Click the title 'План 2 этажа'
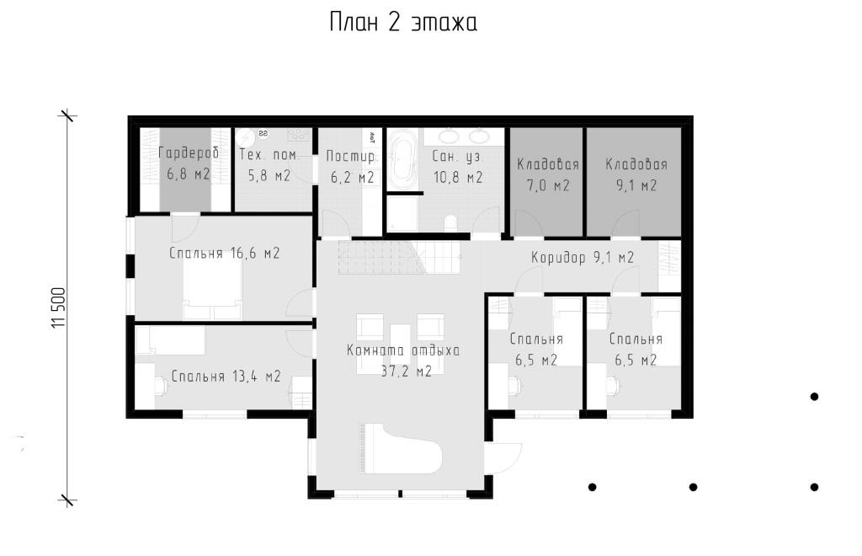(x=403, y=23)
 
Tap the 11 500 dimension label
(x=58, y=308)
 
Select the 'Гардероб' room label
(x=189, y=152)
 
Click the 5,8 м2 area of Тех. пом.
(x=269, y=176)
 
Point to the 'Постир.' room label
(x=352, y=156)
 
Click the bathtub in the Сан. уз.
(x=403, y=159)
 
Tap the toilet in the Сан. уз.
(x=450, y=222)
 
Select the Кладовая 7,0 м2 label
(x=548, y=175)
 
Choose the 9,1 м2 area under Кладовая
(x=636, y=185)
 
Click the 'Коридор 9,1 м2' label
(x=583, y=258)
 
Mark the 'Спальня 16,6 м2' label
(x=224, y=253)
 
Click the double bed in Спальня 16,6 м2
(x=212, y=292)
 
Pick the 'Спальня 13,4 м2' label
(x=226, y=377)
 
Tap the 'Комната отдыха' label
(x=403, y=350)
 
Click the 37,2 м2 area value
(x=407, y=372)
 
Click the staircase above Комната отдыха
(x=400, y=258)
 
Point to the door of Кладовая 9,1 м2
(x=626, y=223)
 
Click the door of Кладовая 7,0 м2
(x=528, y=224)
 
